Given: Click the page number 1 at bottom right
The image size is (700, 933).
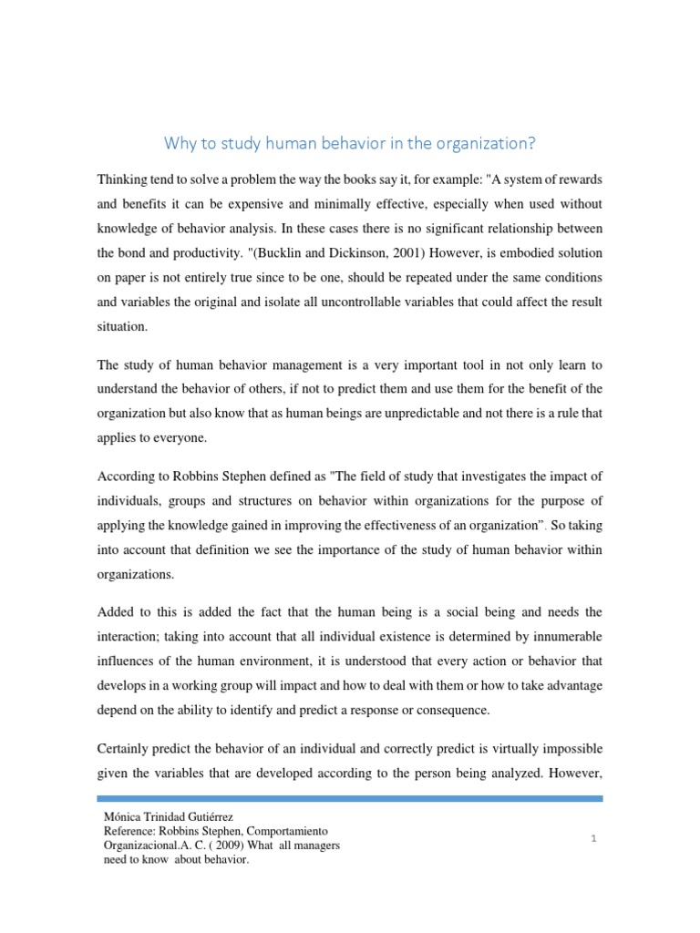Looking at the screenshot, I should tap(592, 839).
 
